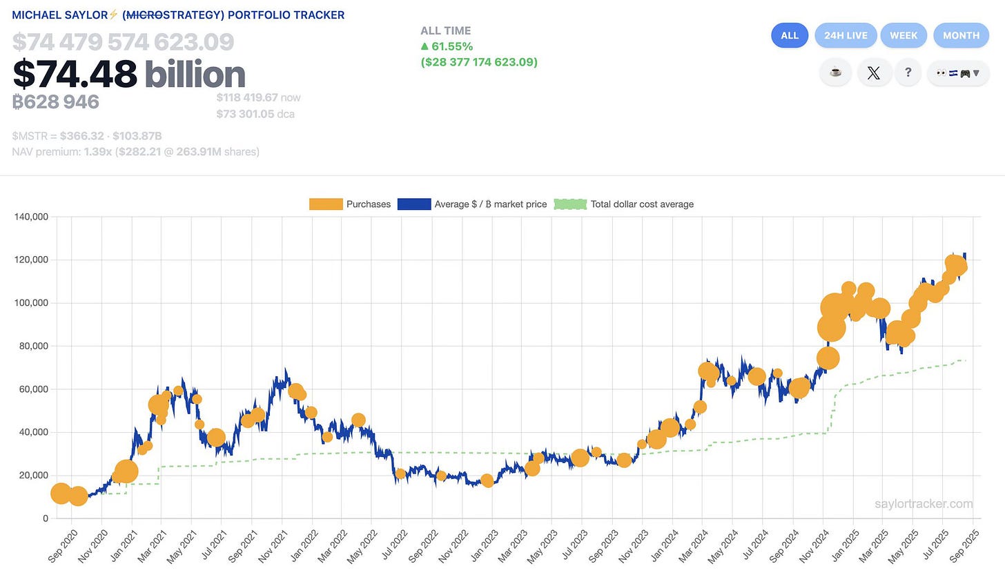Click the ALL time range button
789,35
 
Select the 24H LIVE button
846,35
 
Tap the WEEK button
904,35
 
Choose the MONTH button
961,35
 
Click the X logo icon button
873,72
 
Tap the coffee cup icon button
835,72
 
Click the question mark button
908,72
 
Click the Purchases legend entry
350,204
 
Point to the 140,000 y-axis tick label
31,217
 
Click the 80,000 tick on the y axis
33,346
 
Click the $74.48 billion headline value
129,75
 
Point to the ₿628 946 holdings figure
56,102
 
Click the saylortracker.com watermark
924,504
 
